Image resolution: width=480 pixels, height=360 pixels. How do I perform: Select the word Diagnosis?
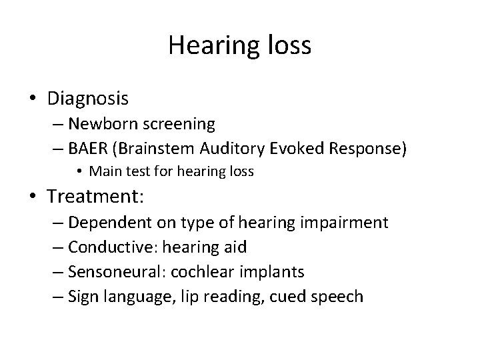pos(88,99)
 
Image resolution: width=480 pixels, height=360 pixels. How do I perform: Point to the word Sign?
pos(84,295)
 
